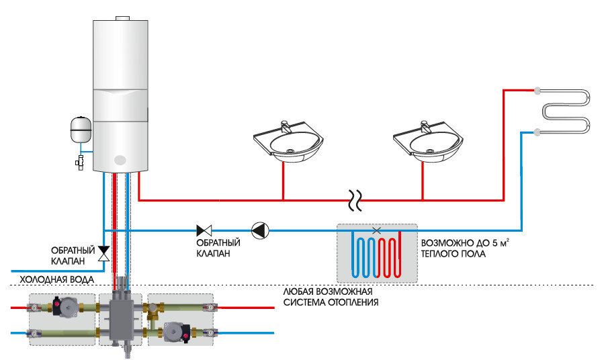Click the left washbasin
click(x=287, y=144)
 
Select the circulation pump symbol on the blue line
click(x=259, y=230)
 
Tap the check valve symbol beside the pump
click(x=204, y=230)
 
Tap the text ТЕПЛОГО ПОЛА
click(x=455, y=255)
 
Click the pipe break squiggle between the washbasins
click(x=354, y=199)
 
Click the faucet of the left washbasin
click(x=285, y=126)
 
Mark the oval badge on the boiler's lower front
click(x=120, y=161)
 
